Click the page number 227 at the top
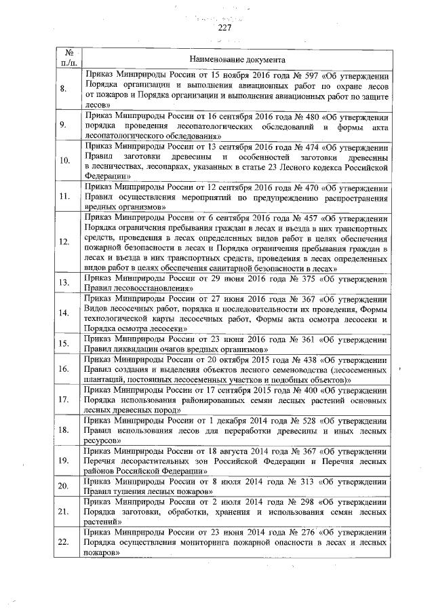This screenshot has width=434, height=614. (225, 28)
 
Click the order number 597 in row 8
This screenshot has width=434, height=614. (307, 75)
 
